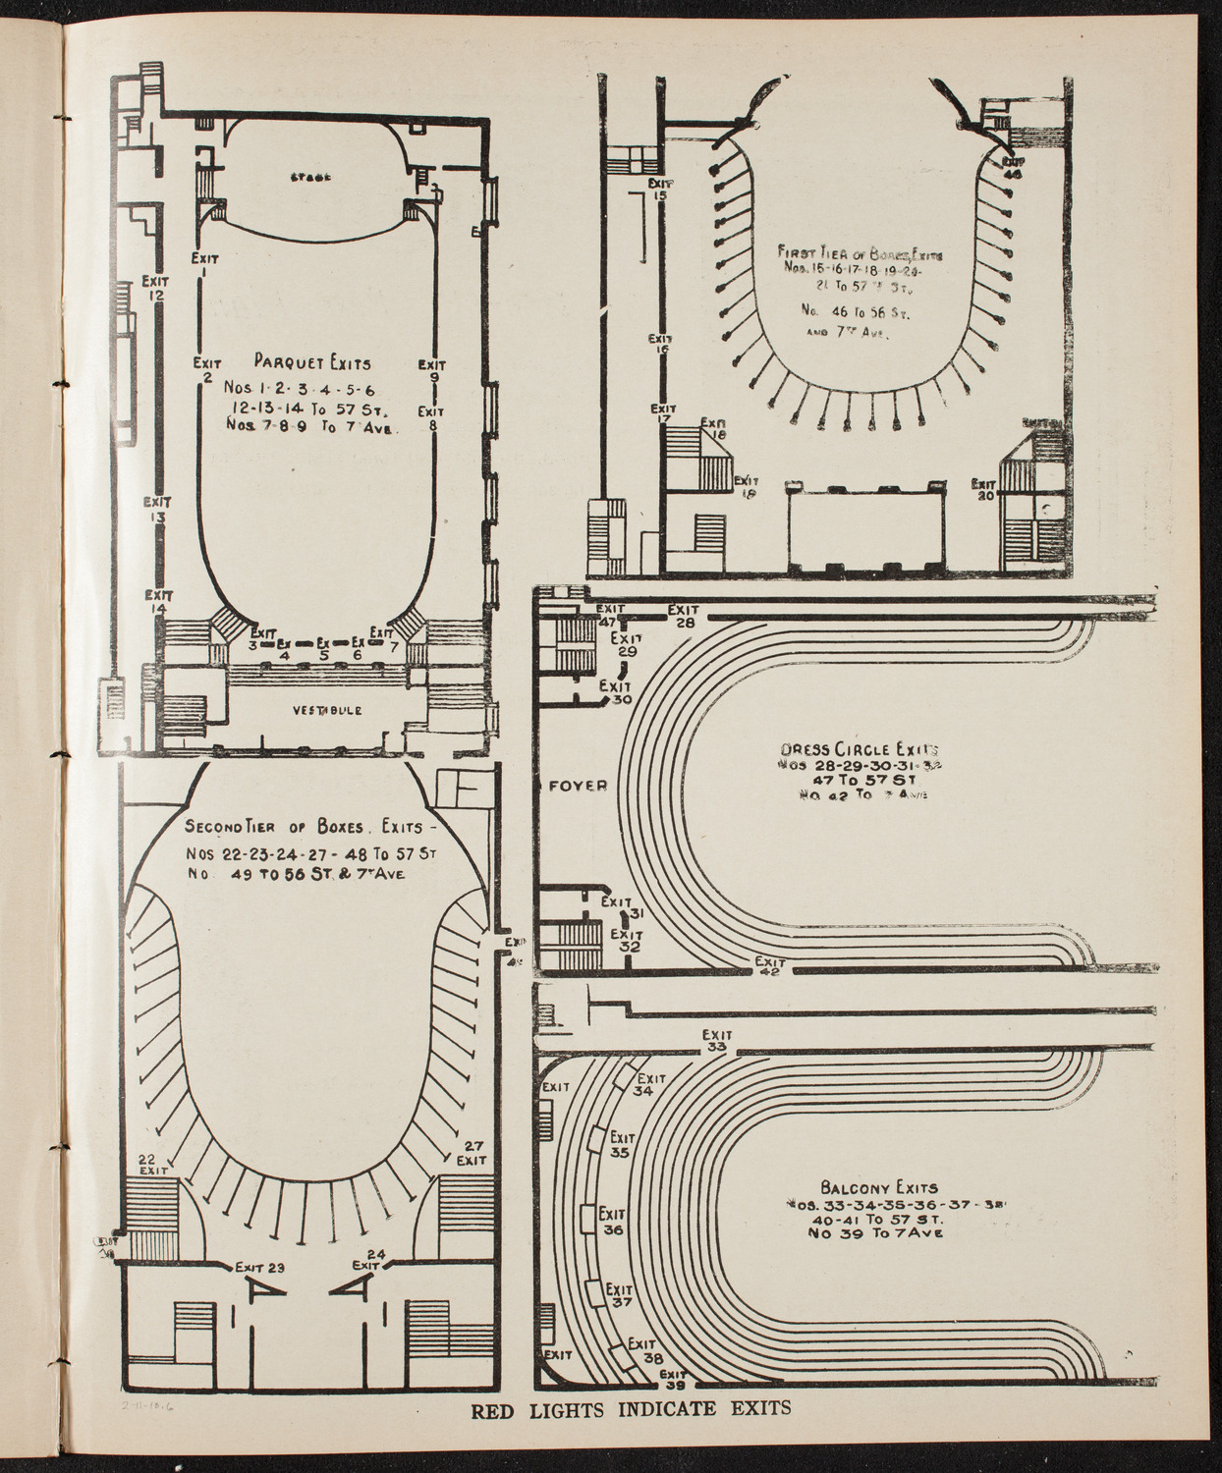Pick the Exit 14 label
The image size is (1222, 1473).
click(158, 602)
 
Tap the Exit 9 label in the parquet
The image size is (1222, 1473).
click(431, 372)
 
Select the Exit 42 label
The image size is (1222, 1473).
click(769, 966)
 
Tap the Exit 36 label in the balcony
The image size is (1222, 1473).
click(613, 1221)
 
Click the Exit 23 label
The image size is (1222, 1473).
click(260, 1268)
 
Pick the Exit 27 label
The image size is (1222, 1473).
click(472, 1152)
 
